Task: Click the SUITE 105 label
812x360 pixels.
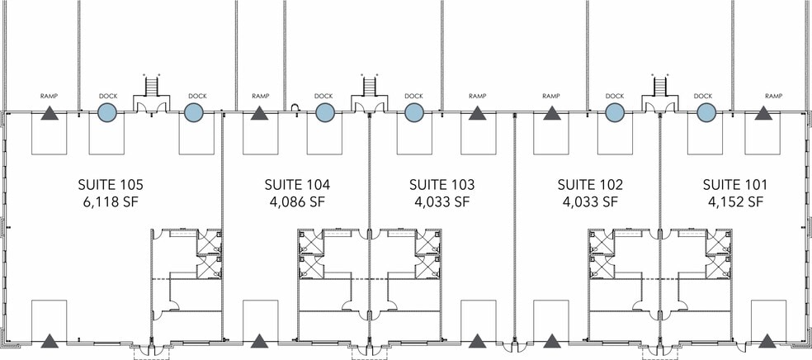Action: coord(111,184)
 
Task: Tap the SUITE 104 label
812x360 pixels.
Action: coord(297,184)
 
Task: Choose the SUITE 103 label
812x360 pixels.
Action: coord(441,184)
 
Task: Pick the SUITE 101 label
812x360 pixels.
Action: coord(734,184)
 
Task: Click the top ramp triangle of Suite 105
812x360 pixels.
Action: coord(50,113)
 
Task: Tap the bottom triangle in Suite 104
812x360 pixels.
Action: coord(259,341)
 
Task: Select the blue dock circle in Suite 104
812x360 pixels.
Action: coord(324,112)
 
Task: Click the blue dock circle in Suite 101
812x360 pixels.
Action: coord(706,112)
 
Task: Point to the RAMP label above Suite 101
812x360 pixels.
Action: coord(774,96)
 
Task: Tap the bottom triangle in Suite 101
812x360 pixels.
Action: coord(767,341)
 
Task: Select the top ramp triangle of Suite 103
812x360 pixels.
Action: coord(477,113)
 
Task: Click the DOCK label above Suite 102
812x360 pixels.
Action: coord(615,96)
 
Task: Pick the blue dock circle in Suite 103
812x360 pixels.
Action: coord(413,112)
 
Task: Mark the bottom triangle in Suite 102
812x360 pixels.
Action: coord(552,341)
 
